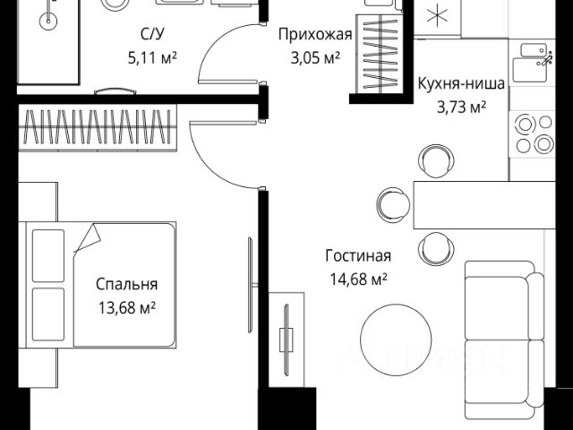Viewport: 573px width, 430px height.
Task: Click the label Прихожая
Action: click(314, 36)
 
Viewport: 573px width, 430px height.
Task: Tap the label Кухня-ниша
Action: click(461, 86)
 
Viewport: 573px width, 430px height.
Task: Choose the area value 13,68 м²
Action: click(127, 307)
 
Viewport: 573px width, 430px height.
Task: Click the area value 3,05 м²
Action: click(314, 59)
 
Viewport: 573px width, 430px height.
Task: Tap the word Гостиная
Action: click(357, 256)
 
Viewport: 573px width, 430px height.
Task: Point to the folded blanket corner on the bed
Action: click(87, 239)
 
